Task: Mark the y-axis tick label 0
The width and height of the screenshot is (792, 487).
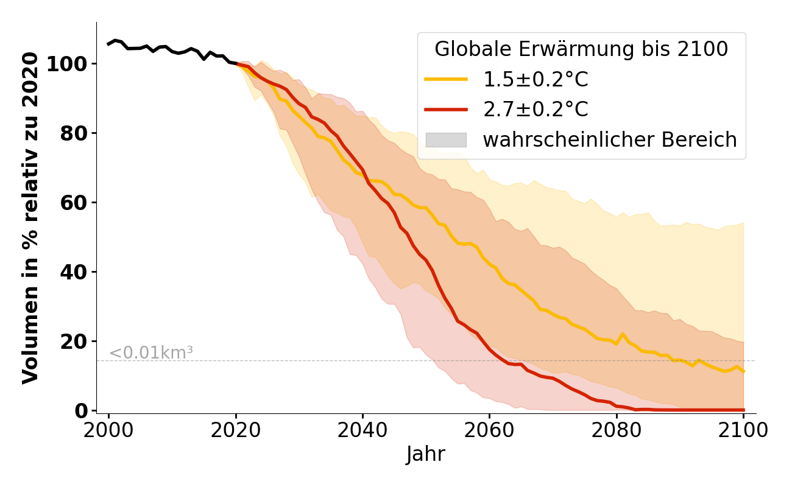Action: (82, 411)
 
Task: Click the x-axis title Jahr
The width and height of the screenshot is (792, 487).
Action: (425, 455)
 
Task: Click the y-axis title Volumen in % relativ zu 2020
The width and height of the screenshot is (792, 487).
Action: (30, 218)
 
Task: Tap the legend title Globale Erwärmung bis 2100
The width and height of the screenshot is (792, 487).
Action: (581, 49)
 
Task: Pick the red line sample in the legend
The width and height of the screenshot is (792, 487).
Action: (446, 110)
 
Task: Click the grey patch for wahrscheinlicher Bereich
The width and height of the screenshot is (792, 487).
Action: (446, 140)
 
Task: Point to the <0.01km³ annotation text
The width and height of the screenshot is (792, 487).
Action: (151, 352)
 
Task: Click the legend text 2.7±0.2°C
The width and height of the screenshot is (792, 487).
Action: (536, 110)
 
